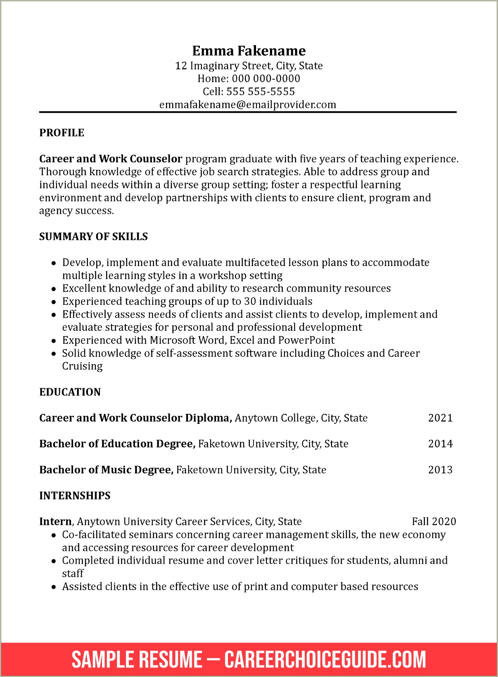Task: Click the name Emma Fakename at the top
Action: coord(249,51)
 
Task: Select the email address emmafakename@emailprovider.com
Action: coord(248,105)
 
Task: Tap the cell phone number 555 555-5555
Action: coord(261,91)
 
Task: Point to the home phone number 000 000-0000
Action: coord(266,78)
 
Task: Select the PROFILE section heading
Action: coord(62,133)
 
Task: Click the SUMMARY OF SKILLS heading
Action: coord(93,236)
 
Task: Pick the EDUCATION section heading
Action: coord(70,392)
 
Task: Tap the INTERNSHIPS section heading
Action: coord(75,495)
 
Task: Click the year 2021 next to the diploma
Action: coord(440,418)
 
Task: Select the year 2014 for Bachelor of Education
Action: coord(440,444)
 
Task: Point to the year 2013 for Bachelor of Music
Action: coord(440,470)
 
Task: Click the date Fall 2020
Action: coord(434,521)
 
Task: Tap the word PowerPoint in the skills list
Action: coord(306,340)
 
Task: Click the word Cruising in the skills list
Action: coord(82,366)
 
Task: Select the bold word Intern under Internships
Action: coord(55,521)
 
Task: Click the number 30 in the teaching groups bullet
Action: coord(250,301)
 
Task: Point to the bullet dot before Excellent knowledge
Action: coord(54,289)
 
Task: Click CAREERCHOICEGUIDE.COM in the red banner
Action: coord(325,659)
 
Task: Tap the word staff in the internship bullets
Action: coord(73,573)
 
